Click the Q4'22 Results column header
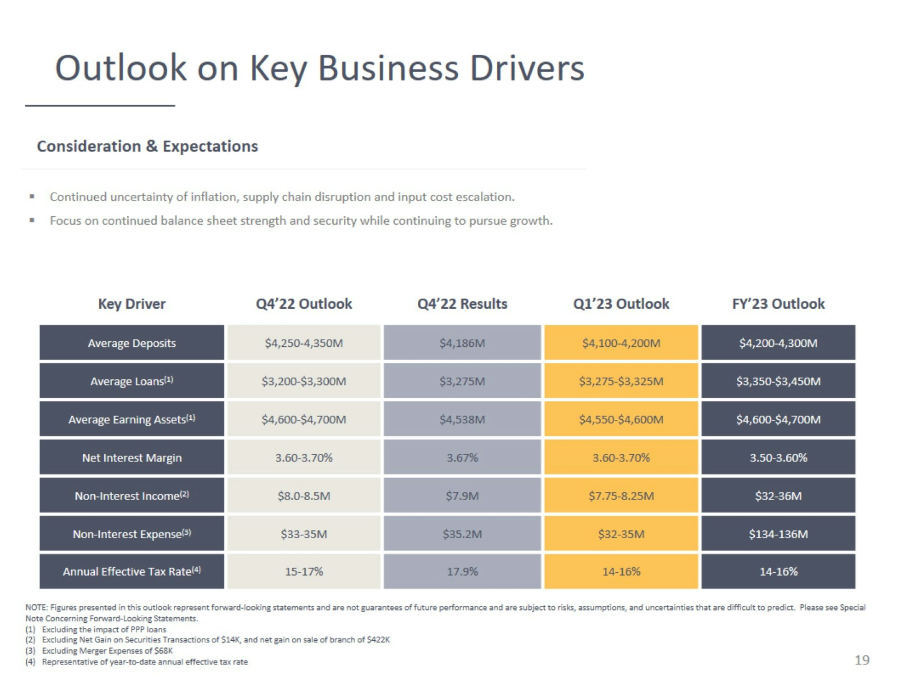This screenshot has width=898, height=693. (462, 304)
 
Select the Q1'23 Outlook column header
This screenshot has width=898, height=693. (621, 304)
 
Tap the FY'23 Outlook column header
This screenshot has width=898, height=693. (778, 304)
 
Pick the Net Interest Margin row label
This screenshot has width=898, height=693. (132, 457)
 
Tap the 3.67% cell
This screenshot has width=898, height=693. (462, 457)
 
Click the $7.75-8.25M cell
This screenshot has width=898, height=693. (621, 496)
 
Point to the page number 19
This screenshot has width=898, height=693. (862, 660)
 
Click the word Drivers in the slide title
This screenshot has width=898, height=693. (527, 68)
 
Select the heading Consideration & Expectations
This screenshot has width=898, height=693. (148, 146)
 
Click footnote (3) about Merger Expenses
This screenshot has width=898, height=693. (99, 650)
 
